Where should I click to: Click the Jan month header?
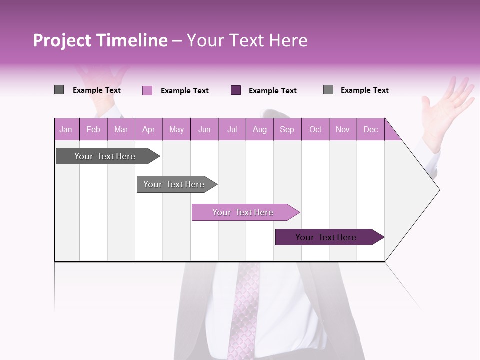[x=66, y=129]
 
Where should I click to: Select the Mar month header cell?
[x=121, y=129]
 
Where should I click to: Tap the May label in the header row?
[x=176, y=129]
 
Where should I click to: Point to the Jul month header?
[x=232, y=129]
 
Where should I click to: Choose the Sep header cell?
[x=287, y=129]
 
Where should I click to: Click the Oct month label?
[x=315, y=129]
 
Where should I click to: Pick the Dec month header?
[x=370, y=129]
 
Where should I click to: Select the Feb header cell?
[x=93, y=129]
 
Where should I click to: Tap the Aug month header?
[x=259, y=129]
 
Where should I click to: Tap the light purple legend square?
[x=147, y=90]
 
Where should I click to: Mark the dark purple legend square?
[x=236, y=90]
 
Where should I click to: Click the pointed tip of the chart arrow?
[x=439, y=190]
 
